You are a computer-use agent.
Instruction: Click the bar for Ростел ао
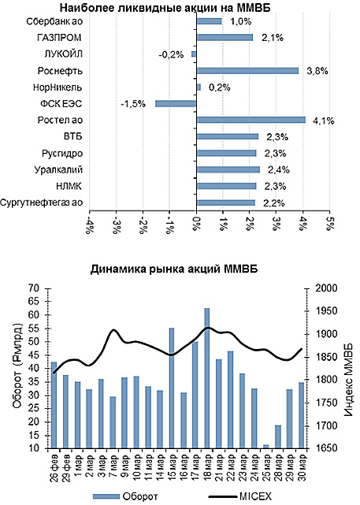pyautogui.click(x=251, y=120)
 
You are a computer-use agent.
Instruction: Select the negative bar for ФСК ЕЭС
pyautogui.click(x=176, y=103)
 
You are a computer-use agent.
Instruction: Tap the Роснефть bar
pyautogui.click(x=247, y=70)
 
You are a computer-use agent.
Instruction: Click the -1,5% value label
pyautogui.click(x=132, y=103)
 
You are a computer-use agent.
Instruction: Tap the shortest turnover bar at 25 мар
pyautogui.click(x=265, y=447)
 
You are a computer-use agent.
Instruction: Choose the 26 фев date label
pyautogui.click(x=53, y=469)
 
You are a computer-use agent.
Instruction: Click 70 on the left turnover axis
pyautogui.click(x=33, y=288)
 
